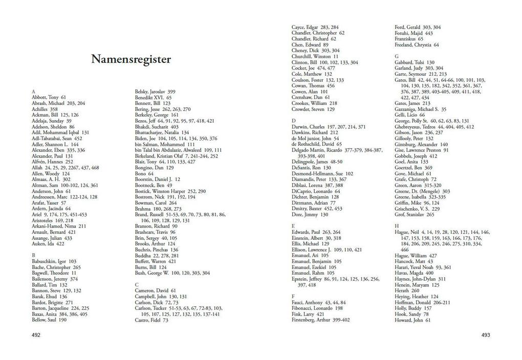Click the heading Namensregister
coord(131,59)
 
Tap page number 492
coord(36,335)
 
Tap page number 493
coord(485,335)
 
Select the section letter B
coord(33,255)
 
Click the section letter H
coord(397,226)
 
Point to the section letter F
coord(293,296)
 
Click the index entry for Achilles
coord(45,109)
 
